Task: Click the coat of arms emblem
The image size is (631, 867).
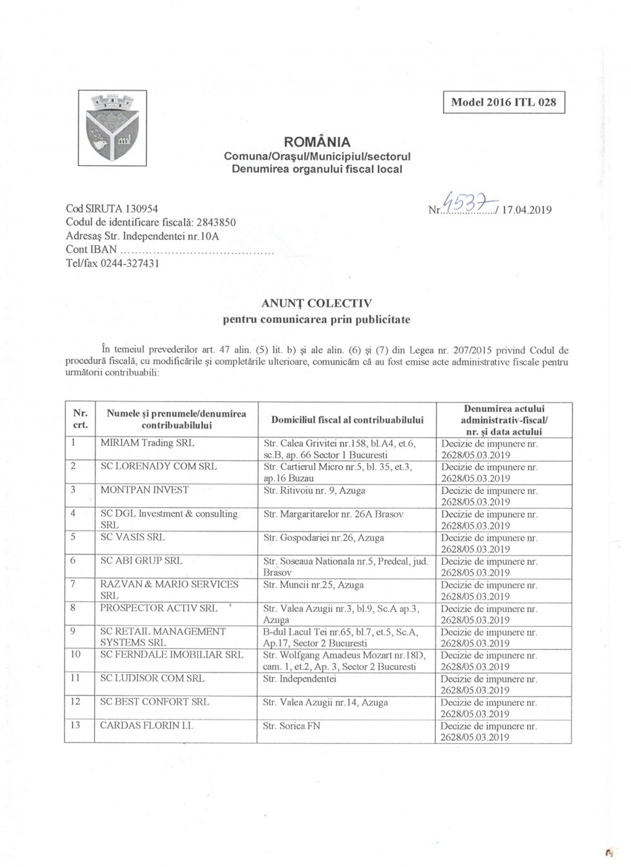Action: pyautogui.click(x=112, y=128)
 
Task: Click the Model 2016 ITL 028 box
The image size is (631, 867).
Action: pyautogui.click(x=503, y=102)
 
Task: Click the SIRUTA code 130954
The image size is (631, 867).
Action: pyautogui.click(x=138, y=209)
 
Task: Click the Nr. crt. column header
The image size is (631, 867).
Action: pyautogui.click(x=81, y=419)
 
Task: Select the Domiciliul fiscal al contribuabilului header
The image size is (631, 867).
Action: pyautogui.click(x=347, y=420)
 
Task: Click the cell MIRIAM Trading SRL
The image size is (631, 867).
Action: pyautogui.click(x=148, y=443)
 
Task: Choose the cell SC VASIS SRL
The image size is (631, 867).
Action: pyautogui.click(x=133, y=538)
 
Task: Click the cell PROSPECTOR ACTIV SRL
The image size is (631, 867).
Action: pyautogui.click(x=159, y=608)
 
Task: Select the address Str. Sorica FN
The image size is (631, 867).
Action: pyautogui.click(x=291, y=726)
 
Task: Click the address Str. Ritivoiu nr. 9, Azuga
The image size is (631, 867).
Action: pyautogui.click(x=314, y=490)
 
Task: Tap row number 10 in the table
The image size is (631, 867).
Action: pyautogui.click(x=76, y=655)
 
